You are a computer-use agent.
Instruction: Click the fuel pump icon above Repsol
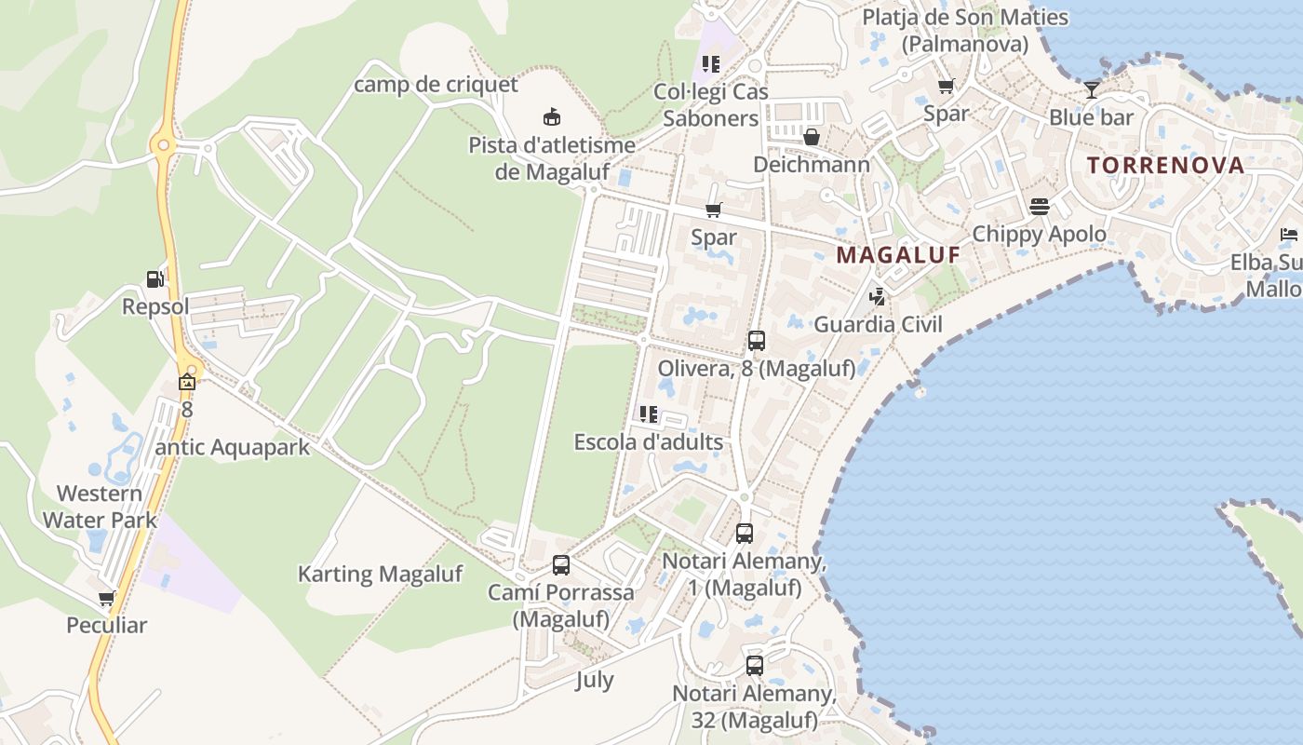(x=155, y=278)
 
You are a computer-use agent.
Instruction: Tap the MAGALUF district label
(x=897, y=255)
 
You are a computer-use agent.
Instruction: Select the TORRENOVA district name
(x=1165, y=166)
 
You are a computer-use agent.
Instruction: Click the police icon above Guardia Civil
(x=876, y=297)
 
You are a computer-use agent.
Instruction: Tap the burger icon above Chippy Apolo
(x=1039, y=206)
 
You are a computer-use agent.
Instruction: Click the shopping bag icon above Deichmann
(x=812, y=138)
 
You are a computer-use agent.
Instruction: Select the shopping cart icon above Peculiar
(x=106, y=598)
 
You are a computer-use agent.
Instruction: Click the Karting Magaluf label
(x=380, y=574)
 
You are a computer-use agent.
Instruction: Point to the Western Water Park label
(x=100, y=506)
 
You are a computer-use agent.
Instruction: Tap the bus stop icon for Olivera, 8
(x=756, y=341)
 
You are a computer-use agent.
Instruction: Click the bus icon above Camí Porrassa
(x=561, y=565)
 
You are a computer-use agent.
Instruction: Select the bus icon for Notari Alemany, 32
(x=755, y=666)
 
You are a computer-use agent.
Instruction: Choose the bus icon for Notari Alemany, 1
(x=744, y=534)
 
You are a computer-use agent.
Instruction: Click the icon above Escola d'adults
(x=648, y=414)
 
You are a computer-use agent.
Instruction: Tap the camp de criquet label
(x=436, y=85)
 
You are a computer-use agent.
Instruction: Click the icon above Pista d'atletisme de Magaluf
(x=552, y=116)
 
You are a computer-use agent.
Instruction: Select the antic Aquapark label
(x=232, y=447)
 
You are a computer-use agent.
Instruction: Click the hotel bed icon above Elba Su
(x=1289, y=234)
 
